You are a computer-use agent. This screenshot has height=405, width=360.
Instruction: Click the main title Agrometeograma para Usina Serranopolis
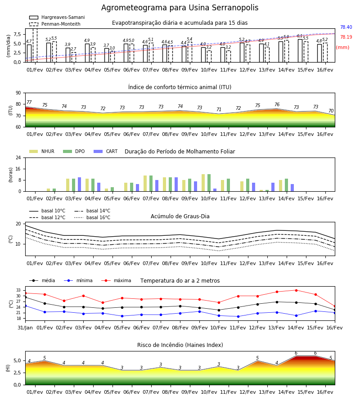click(180, 8)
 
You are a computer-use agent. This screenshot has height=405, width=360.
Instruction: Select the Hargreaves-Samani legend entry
click(57, 17)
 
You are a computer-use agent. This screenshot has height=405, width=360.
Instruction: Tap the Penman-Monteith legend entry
click(55, 24)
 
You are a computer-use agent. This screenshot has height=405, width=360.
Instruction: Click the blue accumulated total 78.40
click(346, 27)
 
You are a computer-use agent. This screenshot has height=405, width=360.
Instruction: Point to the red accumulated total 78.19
click(346, 37)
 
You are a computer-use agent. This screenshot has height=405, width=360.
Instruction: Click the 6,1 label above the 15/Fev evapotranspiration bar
click(300, 36)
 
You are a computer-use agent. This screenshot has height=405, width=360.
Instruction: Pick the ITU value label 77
click(29, 102)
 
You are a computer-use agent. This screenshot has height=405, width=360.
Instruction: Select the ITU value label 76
click(277, 104)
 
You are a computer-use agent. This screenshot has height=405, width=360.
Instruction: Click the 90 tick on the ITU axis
click(18, 93)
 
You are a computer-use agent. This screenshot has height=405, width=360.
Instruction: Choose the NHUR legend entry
click(42, 151)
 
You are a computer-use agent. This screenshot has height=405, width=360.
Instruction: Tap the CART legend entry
click(106, 151)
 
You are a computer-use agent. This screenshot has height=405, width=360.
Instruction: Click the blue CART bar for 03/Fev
click(79, 184)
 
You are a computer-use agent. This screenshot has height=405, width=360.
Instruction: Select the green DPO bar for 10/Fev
click(209, 183)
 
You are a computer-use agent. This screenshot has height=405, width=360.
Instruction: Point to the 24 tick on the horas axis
click(18, 157)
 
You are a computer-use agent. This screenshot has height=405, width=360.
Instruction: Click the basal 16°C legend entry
click(92, 217)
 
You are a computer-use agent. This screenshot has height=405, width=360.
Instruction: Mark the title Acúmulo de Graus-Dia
click(180, 216)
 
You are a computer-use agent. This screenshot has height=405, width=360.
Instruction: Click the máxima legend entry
click(116, 280)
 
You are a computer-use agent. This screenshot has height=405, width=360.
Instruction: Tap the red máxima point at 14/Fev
click(296, 290)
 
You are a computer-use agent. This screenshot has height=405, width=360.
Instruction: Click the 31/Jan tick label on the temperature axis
click(25, 328)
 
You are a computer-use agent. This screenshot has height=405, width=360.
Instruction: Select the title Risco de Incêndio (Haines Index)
click(180, 345)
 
